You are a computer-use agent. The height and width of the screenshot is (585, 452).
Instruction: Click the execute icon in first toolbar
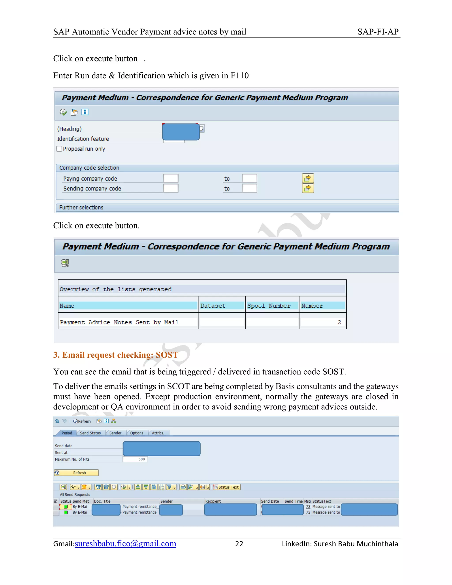[x=63, y=112]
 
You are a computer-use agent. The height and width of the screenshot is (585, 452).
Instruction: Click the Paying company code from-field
[x=171, y=178]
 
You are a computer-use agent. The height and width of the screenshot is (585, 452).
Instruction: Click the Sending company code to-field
[x=249, y=188]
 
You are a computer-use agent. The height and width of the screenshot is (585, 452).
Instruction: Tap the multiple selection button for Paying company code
[x=308, y=178]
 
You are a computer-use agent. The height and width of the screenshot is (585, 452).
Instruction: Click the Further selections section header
[x=81, y=208]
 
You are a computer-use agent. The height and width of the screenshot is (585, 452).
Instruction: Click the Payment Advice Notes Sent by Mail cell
[x=119, y=322]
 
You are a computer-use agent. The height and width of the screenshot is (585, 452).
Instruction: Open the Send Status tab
[x=90, y=433]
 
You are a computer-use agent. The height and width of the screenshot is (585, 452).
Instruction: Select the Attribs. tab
[x=158, y=433]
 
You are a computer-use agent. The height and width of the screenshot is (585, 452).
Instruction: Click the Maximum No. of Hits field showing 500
[x=135, y=459]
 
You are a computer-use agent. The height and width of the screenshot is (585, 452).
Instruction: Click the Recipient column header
[x=213, y=501]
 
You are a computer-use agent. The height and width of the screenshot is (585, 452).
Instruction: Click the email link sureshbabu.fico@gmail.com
[x=125, y=544]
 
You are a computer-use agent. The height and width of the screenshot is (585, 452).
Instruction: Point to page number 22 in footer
[x=239, y=544]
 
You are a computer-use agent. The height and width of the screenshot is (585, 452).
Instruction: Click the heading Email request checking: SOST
[x=116, y=355]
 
